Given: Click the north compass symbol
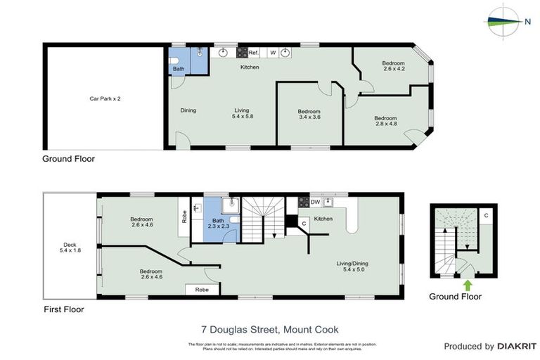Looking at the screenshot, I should pos(504,20).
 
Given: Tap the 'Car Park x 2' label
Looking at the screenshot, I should pos(105,98).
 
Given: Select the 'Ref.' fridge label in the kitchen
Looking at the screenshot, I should pos(254,53).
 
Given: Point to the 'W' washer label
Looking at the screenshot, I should pos(273,53).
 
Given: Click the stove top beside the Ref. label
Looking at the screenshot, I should pos(242,53).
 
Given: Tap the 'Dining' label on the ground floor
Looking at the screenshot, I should pos(188,110).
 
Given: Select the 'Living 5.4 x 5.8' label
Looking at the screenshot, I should pos(242,113).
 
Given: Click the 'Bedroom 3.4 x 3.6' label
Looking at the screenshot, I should pos(309,115).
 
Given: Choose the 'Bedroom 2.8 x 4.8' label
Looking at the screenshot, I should pos(385,121).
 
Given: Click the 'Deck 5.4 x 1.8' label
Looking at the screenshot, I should pos(68,247).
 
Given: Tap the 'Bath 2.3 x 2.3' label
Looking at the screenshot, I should pos(218,224).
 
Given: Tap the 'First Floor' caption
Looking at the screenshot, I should pos(63,309).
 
